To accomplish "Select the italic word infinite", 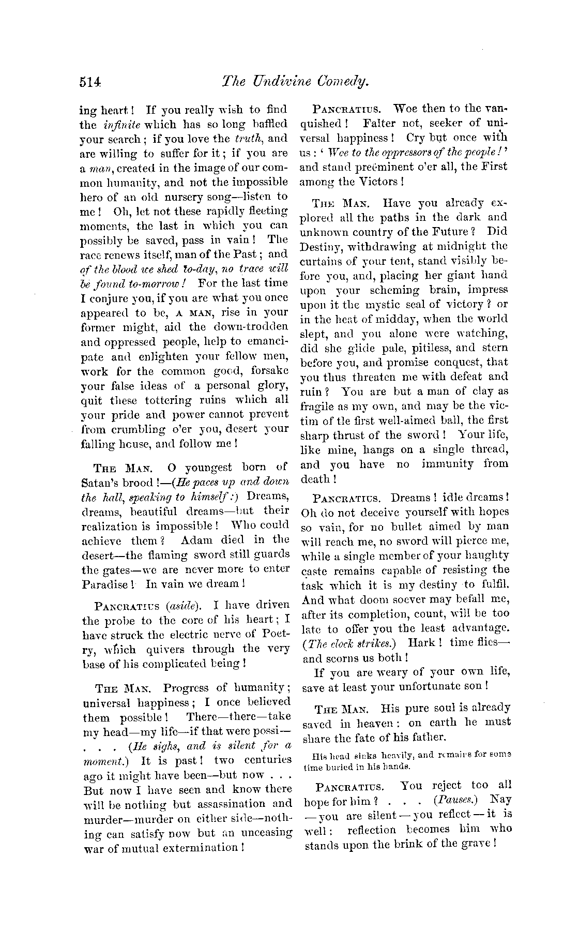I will (x=118, y=125).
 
